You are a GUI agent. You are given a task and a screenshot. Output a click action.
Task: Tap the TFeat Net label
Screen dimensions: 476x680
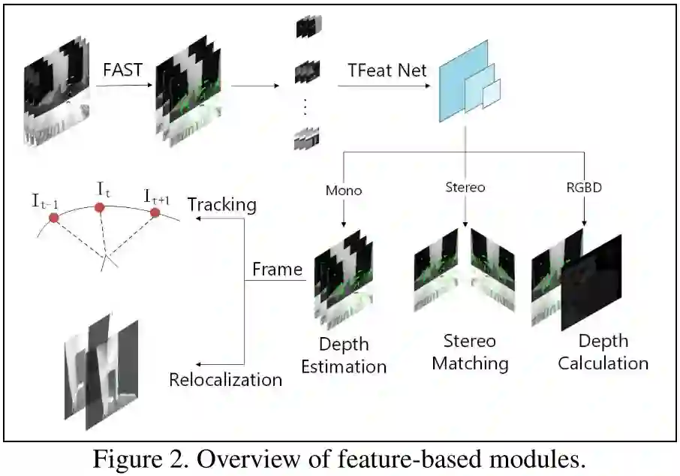pyautogui.click(x=387, y=71)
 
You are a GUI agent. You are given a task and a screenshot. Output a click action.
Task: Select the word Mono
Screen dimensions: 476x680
pyautogui.click(x=344, y=190)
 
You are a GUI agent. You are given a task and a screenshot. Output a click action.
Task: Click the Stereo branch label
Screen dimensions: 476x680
pyautogui.click(x=465, y=187)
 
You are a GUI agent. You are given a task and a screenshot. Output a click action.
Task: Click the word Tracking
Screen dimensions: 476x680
pyautogui.click(x=221, y=204)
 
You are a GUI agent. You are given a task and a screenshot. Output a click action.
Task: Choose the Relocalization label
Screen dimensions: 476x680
pyautogui.click(x=225, y=379)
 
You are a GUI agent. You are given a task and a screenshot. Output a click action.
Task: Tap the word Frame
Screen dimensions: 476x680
pyautogui.click(x=277, y=270)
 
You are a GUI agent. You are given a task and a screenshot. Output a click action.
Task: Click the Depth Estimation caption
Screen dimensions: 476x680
pyautogui.click(x=344, y=355)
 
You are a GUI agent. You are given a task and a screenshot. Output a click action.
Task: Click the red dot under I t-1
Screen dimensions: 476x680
pyautogui.click(x=53, y=218)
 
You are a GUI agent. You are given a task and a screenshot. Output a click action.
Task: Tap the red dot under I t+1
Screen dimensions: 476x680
pyautogui.click(x=155, y=212)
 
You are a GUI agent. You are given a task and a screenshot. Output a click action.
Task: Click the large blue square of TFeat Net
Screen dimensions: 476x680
pyautogui.click(x=456, y=86)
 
